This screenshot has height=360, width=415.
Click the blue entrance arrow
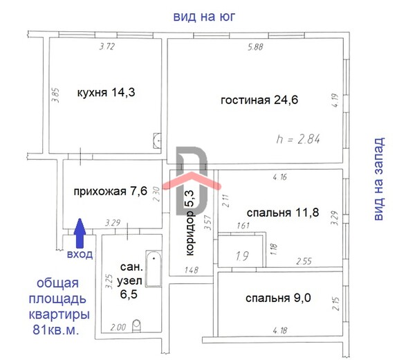tap(80, 233)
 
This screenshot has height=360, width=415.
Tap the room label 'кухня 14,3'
tap(106, 93)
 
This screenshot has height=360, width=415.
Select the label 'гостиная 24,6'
tap(259, 100)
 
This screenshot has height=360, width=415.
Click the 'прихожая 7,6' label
tap(110, 191)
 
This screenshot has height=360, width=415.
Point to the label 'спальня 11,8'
tap(283, 213)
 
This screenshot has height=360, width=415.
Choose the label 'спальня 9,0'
tap(278, 298)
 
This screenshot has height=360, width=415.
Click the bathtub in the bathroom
tap(154, 269)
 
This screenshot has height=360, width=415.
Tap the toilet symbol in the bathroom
tap(136, 326)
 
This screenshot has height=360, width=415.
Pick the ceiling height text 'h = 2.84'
tap(298, 139)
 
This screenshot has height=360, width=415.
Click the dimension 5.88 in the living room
tap(255, 47)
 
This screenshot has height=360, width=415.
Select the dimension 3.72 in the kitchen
tap(107, 46)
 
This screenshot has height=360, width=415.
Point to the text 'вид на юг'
tap(204, 17)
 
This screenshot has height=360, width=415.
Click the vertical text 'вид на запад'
tap(379, 179)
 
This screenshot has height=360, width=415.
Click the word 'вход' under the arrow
tap(80, 254)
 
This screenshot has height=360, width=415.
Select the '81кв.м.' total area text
tap(56, 330)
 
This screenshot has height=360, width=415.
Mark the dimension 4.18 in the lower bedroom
tap(279, 331)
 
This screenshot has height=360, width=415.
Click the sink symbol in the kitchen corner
tap(157, 141)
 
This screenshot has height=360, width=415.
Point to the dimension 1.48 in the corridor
tap(191, 270)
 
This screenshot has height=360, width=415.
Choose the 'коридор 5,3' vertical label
tap(190, 223)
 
